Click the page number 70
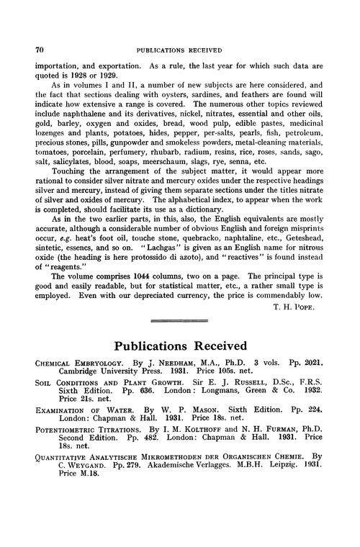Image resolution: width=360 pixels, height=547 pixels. click(30, 50)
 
